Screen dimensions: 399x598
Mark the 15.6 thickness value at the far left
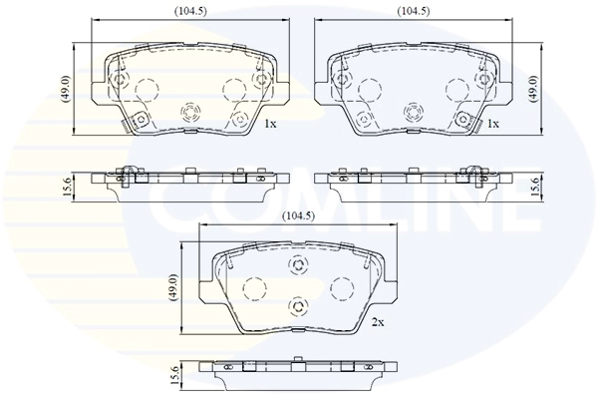66,185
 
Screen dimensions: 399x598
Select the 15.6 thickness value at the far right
534,185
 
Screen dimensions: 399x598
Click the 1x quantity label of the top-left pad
269,124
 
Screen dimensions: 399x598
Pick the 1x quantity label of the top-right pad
493,124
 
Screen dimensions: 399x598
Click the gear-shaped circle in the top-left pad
190,111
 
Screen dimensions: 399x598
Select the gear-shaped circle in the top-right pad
412,111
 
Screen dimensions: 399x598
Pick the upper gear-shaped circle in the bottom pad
296,265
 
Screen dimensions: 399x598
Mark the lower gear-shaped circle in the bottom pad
296,306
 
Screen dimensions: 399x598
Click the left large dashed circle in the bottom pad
251,288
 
